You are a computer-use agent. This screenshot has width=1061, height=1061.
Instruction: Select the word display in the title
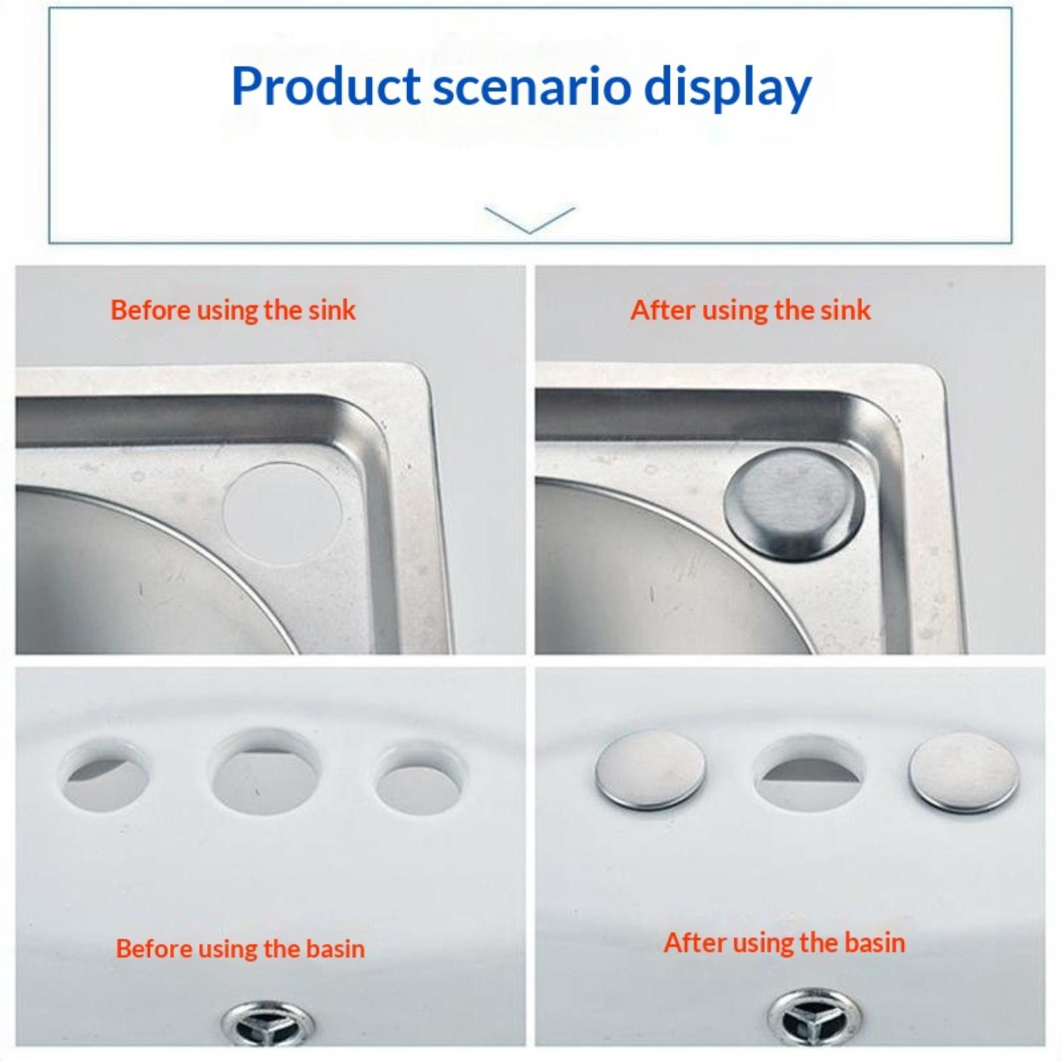pyautogui.click(x=727, y=90)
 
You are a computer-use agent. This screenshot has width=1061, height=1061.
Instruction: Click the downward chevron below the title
pyautogui.click(x=530, y=220)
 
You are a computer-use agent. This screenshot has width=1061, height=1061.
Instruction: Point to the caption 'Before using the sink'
pyautogui.click(x=233, y=310)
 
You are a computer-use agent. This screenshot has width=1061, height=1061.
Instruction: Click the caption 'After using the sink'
pyautogui.click(x=750, y=310)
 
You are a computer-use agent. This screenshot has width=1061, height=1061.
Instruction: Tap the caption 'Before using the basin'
pyautogui.click(x=240, y=949)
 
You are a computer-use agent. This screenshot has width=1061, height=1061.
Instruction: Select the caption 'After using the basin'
pyautogui.click(x=784, y=942)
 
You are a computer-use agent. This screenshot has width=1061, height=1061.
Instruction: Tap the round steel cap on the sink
pyautogui.click(x=794, y=504)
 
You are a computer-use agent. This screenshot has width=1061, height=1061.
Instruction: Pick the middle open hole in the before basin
pyautogui.click(x=265, y=771)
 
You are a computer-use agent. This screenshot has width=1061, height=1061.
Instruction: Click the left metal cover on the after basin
pyautogui.click(x=650, y=771)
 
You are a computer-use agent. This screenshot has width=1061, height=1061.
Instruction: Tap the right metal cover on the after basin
pyautogui.click(x=964, y=773)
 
